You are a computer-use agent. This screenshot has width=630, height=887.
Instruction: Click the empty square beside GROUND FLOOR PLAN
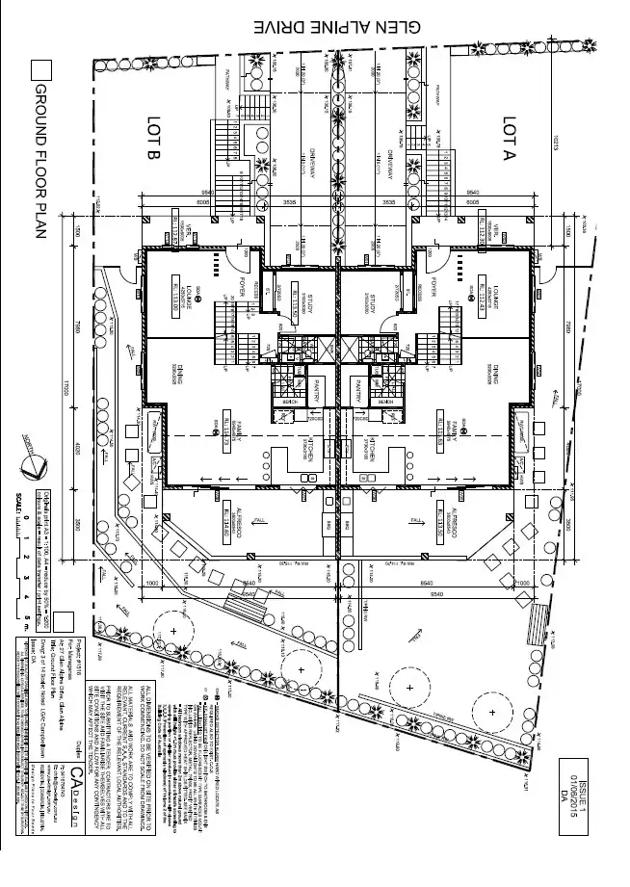click(x=40, y=70)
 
